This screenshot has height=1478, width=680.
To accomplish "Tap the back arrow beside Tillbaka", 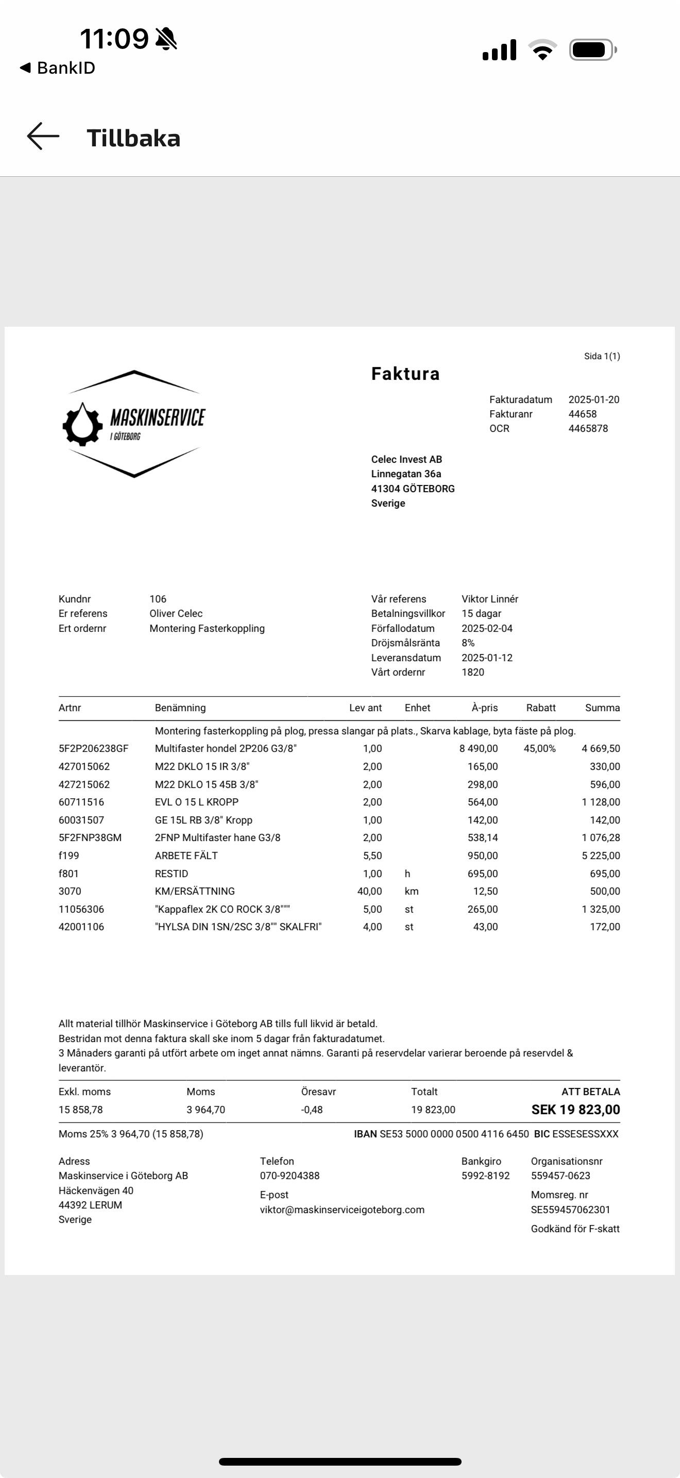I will point(43,137).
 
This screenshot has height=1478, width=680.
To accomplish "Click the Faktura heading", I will point(405,374).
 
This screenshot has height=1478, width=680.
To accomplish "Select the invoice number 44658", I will point(582,414).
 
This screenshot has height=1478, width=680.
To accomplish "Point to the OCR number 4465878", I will point(588,429).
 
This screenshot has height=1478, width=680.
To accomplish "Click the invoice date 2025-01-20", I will point(593,400).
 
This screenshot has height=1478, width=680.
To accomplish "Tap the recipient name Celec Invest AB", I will point(406,460).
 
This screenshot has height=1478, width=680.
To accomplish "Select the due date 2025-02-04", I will point(487,628).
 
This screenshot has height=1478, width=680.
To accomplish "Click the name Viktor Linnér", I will point(489,599).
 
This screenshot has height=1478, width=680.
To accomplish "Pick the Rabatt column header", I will point(541,708).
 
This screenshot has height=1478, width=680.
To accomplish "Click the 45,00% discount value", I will point(539,749).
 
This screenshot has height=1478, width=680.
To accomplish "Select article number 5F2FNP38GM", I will point(90,837).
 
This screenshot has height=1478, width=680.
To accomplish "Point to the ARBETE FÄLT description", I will point(186,855).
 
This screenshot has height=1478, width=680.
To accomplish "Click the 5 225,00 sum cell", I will point(600,855).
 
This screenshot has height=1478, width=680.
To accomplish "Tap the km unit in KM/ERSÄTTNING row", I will point(411,891).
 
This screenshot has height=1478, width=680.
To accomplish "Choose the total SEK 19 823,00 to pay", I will point(575,1110).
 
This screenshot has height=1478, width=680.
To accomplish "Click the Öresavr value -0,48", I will point(311,1110).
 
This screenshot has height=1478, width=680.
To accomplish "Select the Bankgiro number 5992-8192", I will point(485,1175).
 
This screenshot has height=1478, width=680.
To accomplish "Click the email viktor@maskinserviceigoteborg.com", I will point(342,1210).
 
